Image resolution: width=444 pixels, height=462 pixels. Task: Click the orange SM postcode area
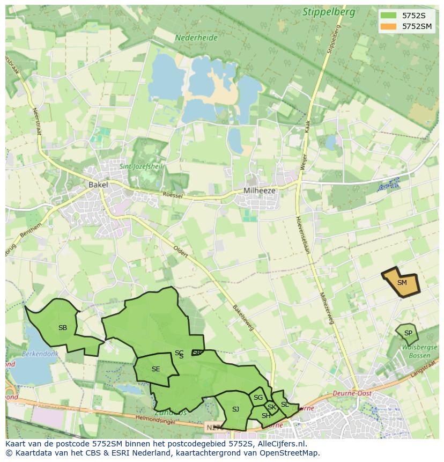click(401, 282)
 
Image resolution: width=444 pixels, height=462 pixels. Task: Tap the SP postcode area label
click(408, 333)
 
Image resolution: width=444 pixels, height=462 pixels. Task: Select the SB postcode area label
click(63, 327)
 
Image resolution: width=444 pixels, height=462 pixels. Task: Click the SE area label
click(156, 369)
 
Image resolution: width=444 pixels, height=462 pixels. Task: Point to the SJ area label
click(235, 409)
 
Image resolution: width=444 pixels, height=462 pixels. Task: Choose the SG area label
click(258, 398)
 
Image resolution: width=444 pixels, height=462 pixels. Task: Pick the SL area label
click(285, 404)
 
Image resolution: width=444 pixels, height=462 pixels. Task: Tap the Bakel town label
click(98, 185)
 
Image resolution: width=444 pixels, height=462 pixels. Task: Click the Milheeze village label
click(259, 190)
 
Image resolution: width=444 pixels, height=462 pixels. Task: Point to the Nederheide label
click(196, 38)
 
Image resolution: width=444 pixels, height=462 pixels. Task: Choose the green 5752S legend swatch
click(388, 16)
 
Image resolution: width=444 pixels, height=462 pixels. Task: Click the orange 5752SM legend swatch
click(388, 26)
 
